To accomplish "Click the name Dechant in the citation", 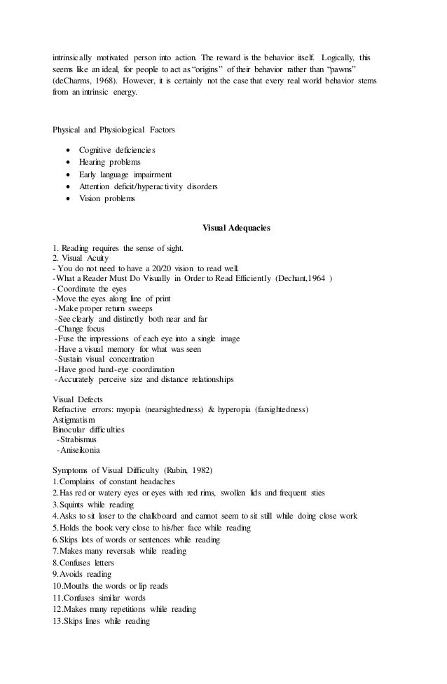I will tap(289, 278).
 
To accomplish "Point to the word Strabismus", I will tap(81, 439).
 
